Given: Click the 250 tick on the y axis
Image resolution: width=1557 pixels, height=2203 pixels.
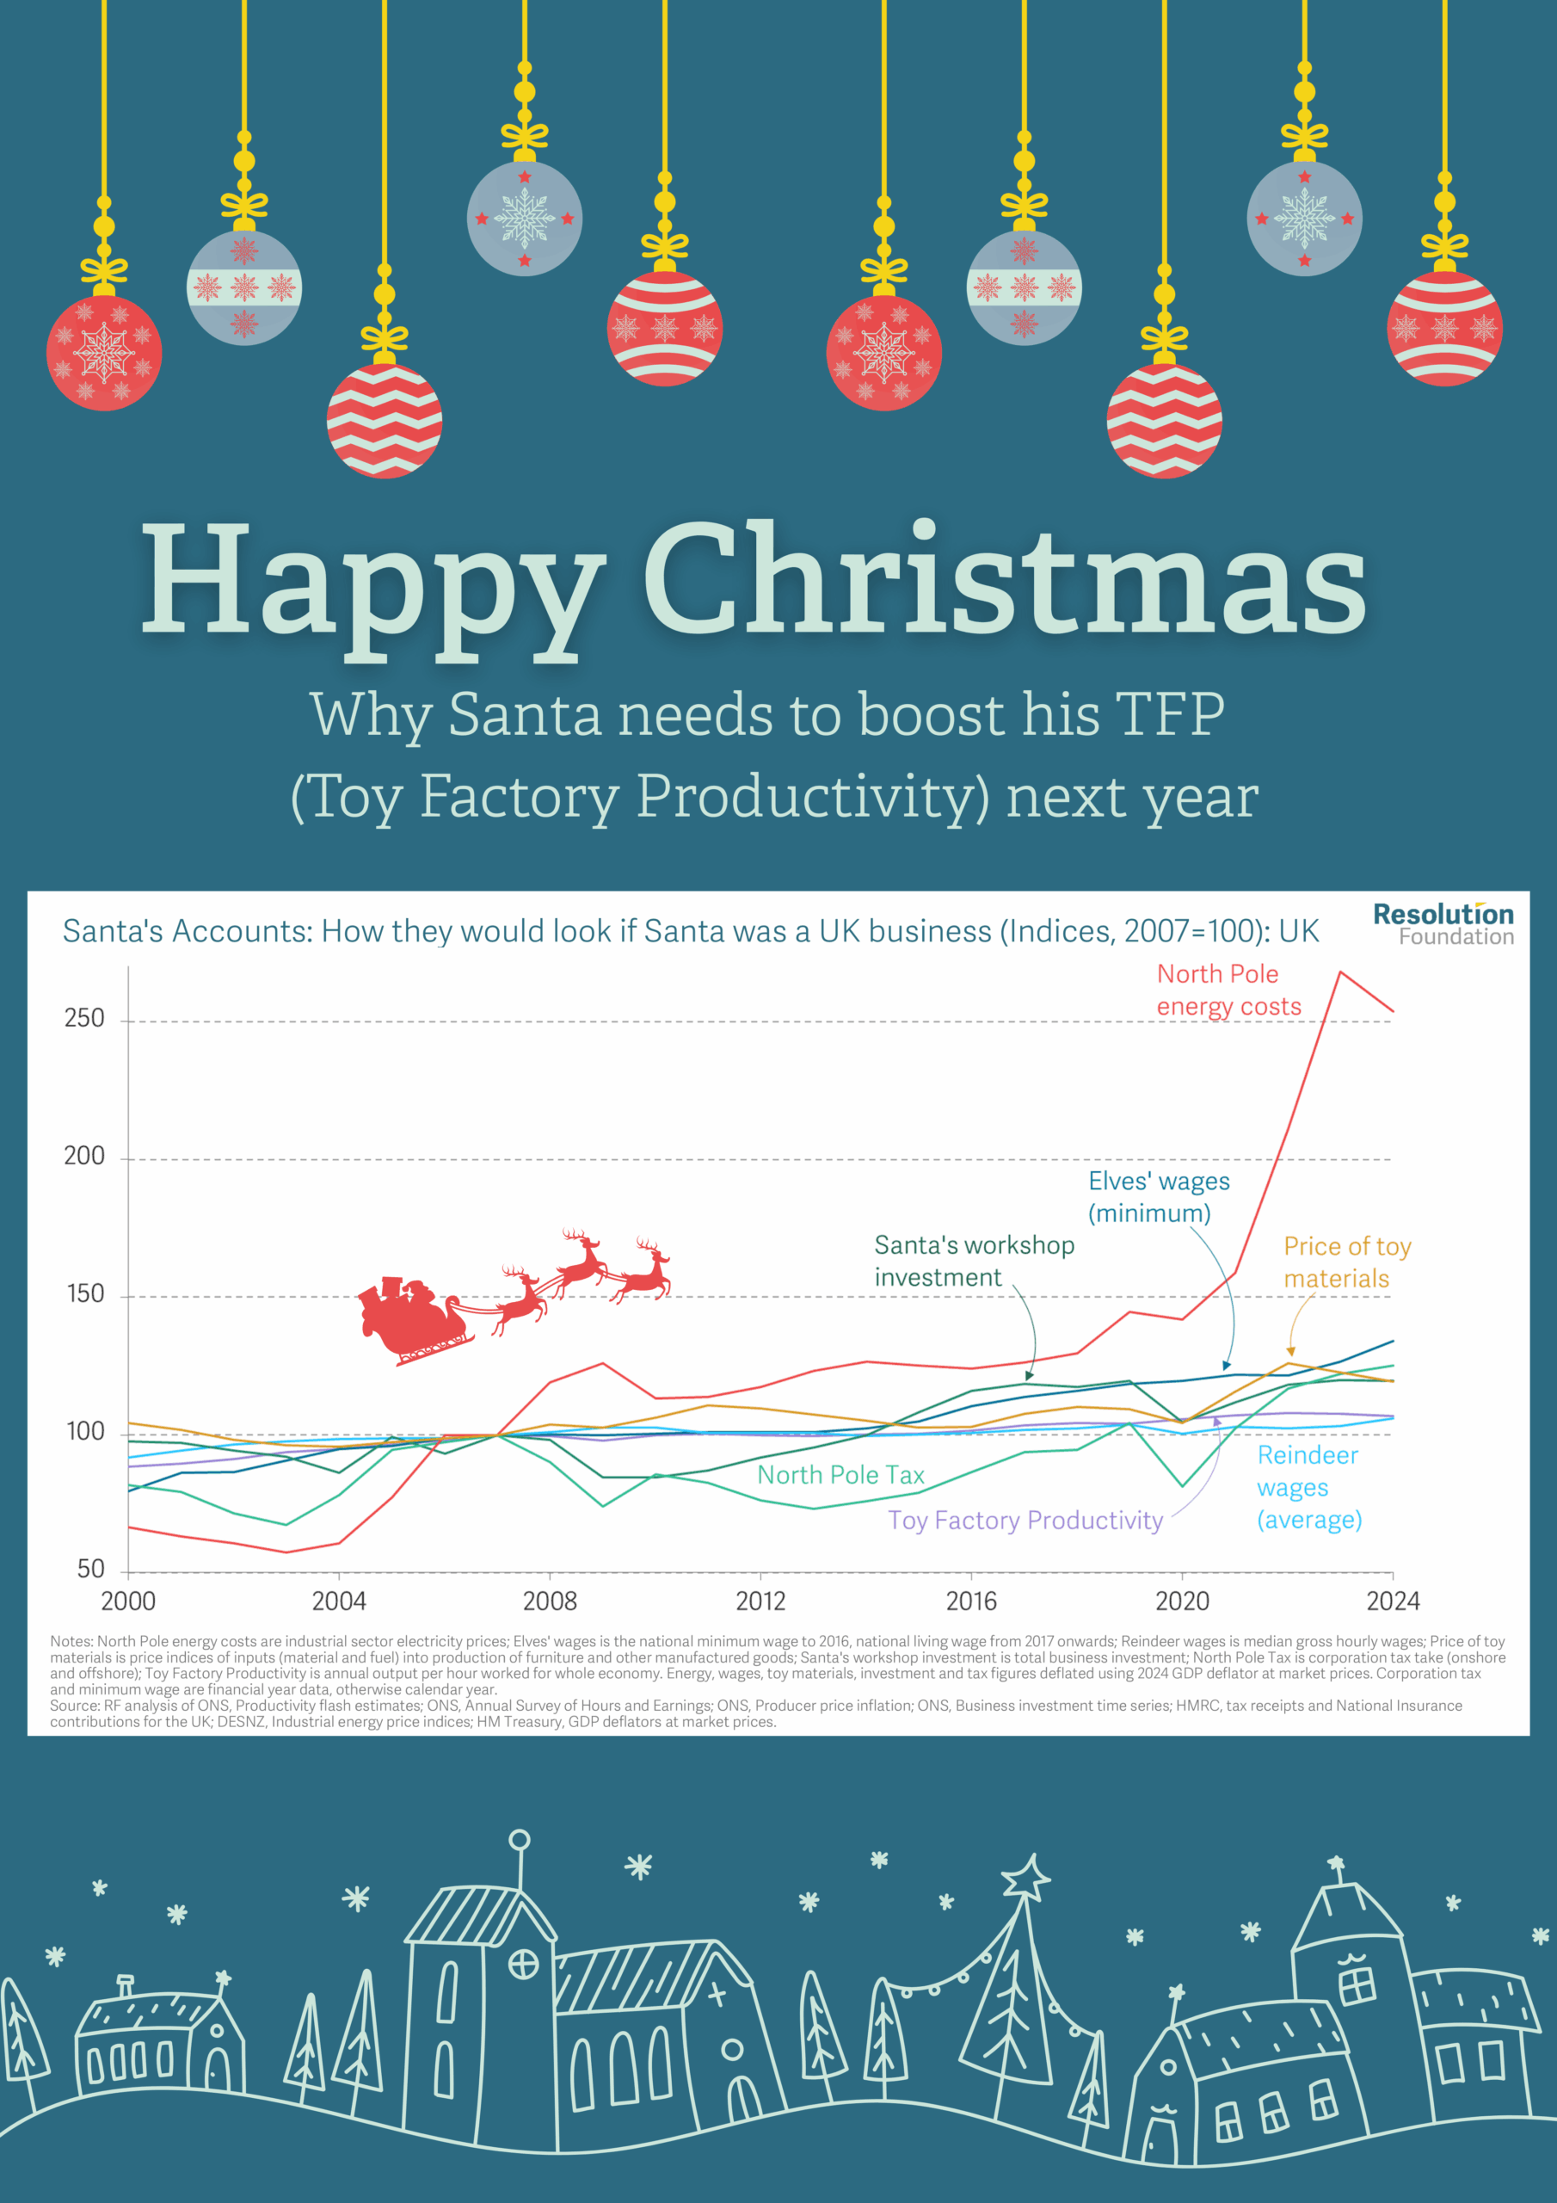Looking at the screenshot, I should (84, 1018).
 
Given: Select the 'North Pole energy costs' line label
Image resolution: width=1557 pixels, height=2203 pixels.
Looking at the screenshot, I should (1228, 990).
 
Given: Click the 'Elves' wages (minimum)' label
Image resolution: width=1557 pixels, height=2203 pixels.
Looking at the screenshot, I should (1158, 1196).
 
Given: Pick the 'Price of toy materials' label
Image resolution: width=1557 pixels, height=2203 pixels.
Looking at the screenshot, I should (1347, 1262).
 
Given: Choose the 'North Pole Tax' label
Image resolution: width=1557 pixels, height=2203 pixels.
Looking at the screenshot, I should (840, 1475).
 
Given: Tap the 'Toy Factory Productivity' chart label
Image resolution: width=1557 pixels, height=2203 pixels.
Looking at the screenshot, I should (1025, 1520).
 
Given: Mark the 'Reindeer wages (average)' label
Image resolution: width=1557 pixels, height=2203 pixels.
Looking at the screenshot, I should (1308, 1487).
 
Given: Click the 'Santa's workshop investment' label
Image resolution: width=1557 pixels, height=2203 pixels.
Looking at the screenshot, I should (974, 1261).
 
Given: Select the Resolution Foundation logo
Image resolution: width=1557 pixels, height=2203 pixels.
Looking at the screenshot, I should (1443, 924).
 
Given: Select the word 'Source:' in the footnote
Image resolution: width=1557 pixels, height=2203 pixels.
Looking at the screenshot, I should (72, 1705).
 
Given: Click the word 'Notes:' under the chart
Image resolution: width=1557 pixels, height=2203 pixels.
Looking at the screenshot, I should (71, 1642).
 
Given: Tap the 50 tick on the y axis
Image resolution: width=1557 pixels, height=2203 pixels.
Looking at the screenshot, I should (91, 1569).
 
